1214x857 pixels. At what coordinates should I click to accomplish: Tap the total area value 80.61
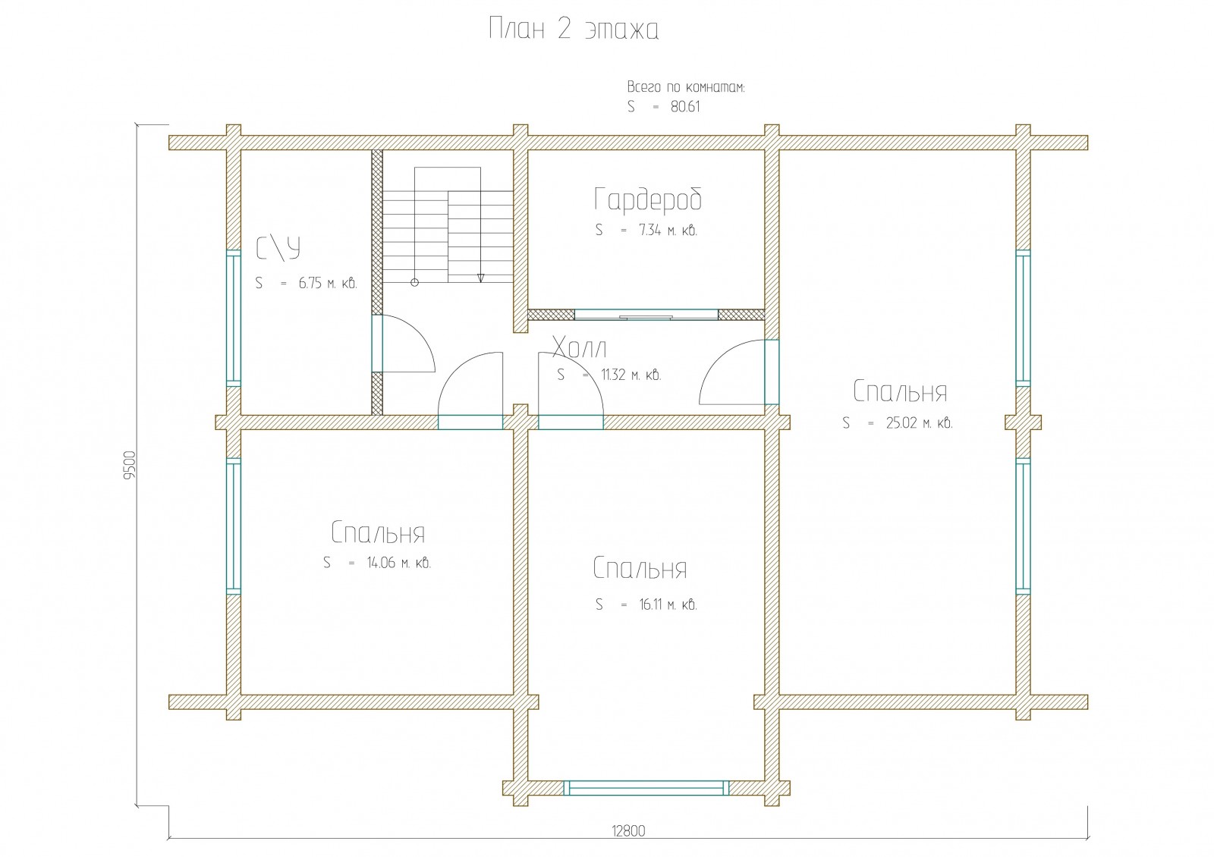click(685, 107)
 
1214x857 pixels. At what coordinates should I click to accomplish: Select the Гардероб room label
click(648, 199)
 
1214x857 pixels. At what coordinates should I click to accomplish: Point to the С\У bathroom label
click(278, 249)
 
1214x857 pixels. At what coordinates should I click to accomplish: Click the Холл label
click(580, 347)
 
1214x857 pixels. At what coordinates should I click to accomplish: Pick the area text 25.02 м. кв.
click(919, 422)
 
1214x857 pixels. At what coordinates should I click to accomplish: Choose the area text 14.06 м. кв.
click(399, 563)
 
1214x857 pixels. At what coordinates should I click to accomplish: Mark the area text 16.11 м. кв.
click(668, 604)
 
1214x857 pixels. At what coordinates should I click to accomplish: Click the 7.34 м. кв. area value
click(668, 231)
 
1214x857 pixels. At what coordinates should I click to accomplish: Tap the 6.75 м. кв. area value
click(328, 283)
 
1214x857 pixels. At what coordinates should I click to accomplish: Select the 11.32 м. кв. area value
click(631, 375)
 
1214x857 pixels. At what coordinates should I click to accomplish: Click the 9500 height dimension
click(130, 466)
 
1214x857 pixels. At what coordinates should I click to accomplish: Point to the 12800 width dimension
click(629, 830)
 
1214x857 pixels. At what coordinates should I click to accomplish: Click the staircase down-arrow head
click(481, 278)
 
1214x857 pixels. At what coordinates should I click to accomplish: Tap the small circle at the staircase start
click(414, 282)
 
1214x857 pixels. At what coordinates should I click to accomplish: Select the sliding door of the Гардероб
click(646, 315)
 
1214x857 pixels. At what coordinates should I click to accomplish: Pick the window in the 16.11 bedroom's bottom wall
click(646, 788)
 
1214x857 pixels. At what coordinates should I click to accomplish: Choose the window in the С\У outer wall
click(234, 318)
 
